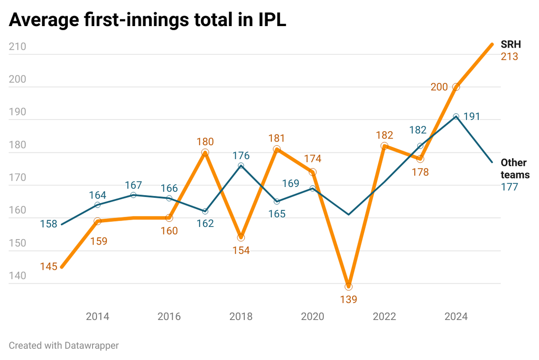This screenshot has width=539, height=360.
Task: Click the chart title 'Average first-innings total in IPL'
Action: [147, 21]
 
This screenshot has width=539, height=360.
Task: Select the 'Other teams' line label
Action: [515, 169]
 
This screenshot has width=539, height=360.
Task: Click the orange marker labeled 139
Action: [349, 287]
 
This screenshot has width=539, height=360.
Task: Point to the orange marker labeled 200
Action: [456, 87]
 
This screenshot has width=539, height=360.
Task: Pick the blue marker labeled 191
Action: [456, 116]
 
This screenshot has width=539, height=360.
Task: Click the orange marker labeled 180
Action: [205, 153]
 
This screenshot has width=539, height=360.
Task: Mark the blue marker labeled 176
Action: [241, 166]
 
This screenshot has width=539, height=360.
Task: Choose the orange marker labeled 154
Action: [241, 237]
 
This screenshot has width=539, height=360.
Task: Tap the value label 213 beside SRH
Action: [510, 57]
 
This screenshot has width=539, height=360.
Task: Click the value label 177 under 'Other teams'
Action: [510, 187]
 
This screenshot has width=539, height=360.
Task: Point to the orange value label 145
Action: [49, 267]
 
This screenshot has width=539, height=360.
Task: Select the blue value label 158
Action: [49, 223]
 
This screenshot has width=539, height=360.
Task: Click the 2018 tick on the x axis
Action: [241, 317]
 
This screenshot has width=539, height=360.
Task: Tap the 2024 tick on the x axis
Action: [456, 317]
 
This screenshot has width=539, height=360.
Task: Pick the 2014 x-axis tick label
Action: [97, 317]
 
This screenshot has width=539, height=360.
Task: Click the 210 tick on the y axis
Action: [18, 47]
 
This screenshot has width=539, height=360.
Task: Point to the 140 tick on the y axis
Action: [18, 276]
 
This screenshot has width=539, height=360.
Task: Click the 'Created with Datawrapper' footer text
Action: [64, 346]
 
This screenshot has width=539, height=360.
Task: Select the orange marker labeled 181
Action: [277, 149]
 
